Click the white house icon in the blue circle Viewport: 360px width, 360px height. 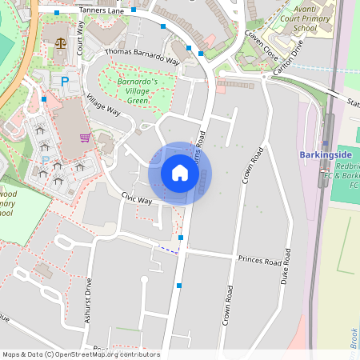point(180,172)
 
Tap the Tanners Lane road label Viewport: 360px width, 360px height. point(100,11)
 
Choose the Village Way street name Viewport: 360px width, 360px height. point(102,106)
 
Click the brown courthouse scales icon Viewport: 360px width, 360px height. point(61,41)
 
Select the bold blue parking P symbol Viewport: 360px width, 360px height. point(65,81)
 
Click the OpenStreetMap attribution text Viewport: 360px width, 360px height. point(80,354)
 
